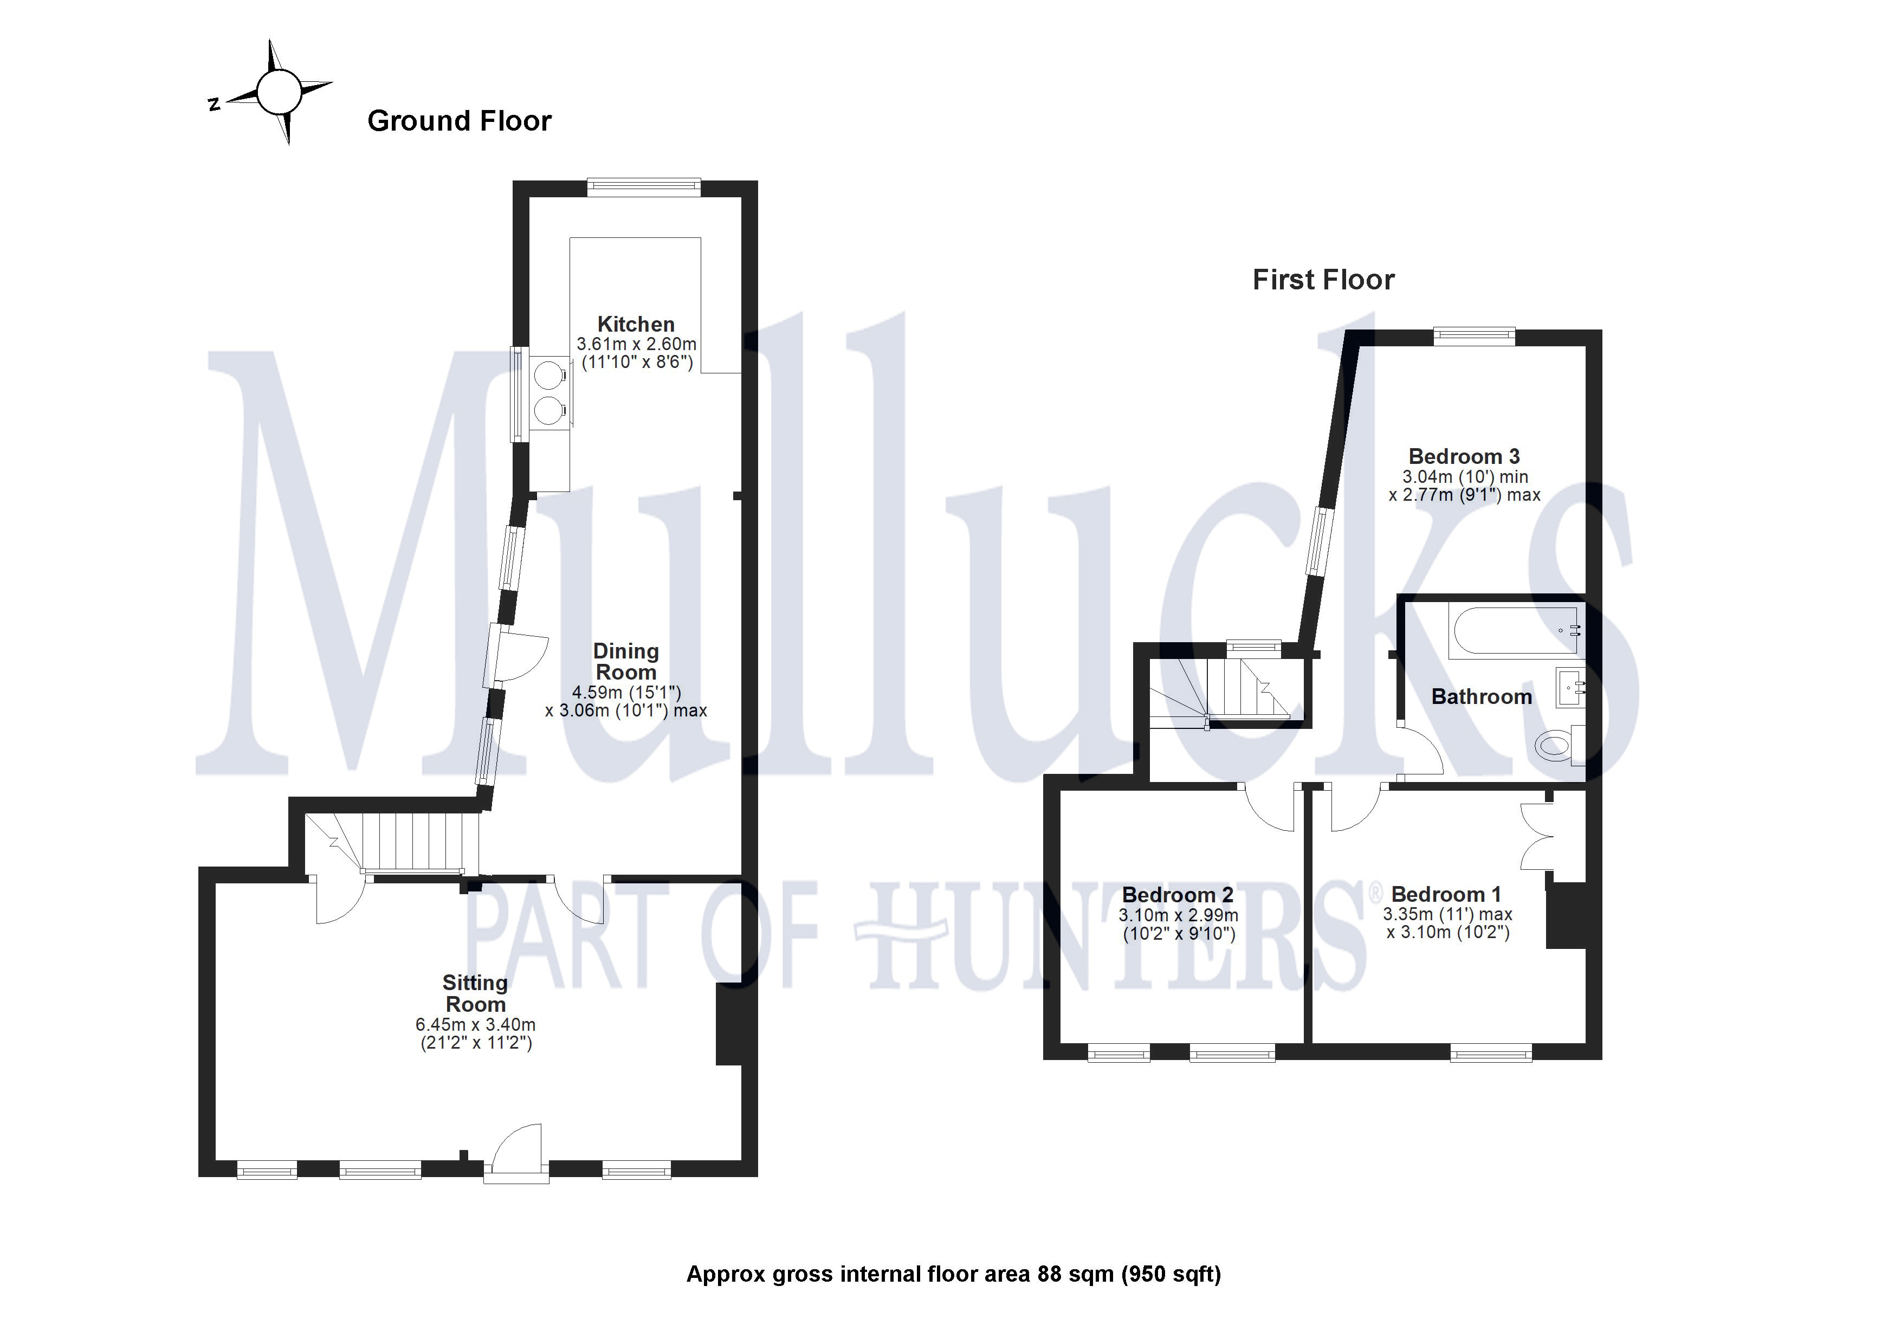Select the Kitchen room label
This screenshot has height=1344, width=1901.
pyautogui.click(x=635, y=324)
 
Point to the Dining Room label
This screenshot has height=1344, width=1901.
pyautogui.click(x=625, y=662)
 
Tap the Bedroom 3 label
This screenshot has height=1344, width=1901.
pyautogui.click(x=1463, y=456)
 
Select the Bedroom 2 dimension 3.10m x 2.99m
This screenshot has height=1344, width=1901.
pyautogui.click(x=1178, y=915)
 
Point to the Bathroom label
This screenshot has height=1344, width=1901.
pyautogui.click(x=1480, y=696)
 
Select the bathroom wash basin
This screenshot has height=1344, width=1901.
pyautogui.click(x=1570, y=687)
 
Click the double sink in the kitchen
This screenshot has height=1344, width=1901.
pyautogui.click(x=547, y=392)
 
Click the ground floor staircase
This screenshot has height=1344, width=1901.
pyautogui.click(x=406, y=842)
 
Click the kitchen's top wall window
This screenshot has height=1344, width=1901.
pyautogui.click(x=643, y=187)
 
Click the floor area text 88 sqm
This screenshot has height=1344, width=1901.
pyautogui.click(x=1074, y=1274)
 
